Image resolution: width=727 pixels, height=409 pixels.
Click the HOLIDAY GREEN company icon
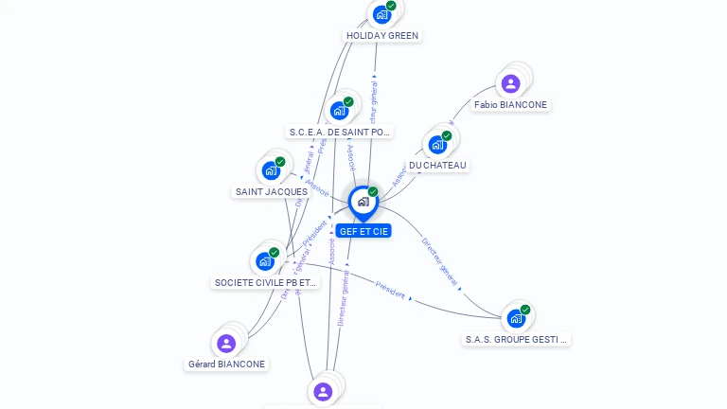coord(381,14)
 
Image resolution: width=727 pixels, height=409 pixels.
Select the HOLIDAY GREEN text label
coord(382,36)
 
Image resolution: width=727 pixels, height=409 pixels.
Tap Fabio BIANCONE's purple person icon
coord(510,84)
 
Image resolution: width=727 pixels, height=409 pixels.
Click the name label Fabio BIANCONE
coord(510,105)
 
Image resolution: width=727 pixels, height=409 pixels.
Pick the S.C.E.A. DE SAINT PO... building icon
coord(339,111)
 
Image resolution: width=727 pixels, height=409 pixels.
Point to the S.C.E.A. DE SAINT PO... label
coord(339,133)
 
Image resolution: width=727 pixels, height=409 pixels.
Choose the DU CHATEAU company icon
coord(437,145)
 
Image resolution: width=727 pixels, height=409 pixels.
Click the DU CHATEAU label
coord(437,166)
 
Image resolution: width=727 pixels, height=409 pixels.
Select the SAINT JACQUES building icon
coord(271,171)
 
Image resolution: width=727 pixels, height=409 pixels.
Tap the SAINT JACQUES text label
coord(271,192)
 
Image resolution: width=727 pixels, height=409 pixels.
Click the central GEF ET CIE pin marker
coord(363,202)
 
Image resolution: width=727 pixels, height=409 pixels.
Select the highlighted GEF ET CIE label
coord(363,231)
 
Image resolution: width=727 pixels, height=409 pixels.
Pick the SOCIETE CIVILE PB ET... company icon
coord(265,261)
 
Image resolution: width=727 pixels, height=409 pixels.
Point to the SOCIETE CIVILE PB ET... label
coord(266,282)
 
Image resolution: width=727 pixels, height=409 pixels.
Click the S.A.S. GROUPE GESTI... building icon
coord(516,318)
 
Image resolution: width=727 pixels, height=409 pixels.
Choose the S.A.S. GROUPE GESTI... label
coord(517,339)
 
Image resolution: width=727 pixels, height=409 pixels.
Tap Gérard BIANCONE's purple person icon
coord(226,343)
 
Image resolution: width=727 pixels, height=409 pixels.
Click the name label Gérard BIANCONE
coord(226,365)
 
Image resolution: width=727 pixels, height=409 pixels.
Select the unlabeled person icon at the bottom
coord(323,391)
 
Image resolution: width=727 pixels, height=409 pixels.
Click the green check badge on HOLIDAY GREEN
coord(391,6)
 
